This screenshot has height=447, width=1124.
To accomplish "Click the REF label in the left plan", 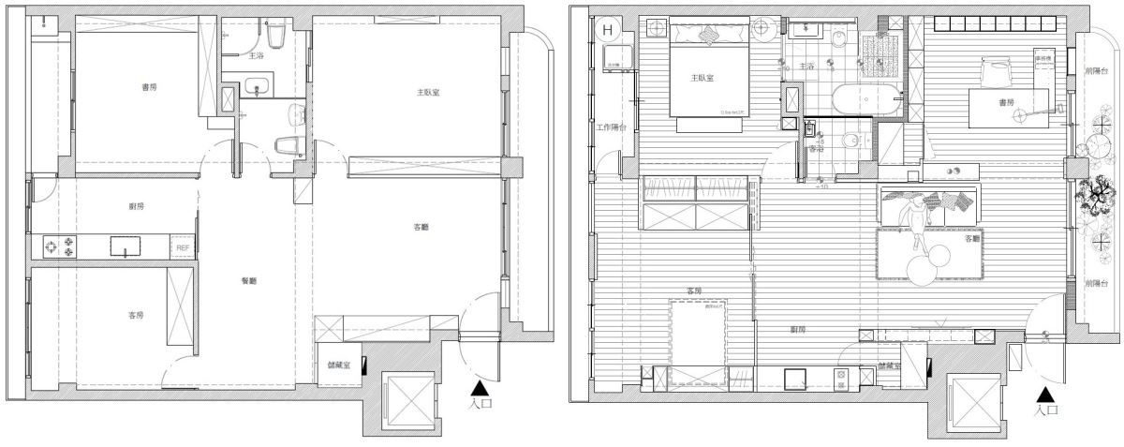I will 182,246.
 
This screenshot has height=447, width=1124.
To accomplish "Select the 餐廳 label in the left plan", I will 249,280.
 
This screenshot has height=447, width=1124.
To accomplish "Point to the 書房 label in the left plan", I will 149,87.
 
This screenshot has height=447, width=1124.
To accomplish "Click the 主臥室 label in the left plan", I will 429,93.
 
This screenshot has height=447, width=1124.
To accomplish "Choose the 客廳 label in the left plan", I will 421,227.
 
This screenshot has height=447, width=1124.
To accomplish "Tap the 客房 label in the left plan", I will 137,314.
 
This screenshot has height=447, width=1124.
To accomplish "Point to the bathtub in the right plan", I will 865,98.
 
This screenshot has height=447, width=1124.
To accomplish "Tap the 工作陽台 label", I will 610,126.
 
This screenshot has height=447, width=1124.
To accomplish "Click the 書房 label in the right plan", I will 1006,101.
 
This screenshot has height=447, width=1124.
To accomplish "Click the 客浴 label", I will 815,147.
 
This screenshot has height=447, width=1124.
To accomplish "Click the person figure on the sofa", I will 913,219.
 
